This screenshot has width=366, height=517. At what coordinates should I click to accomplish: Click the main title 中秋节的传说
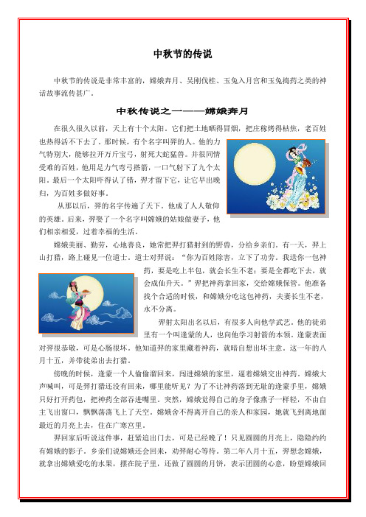(182, 55)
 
